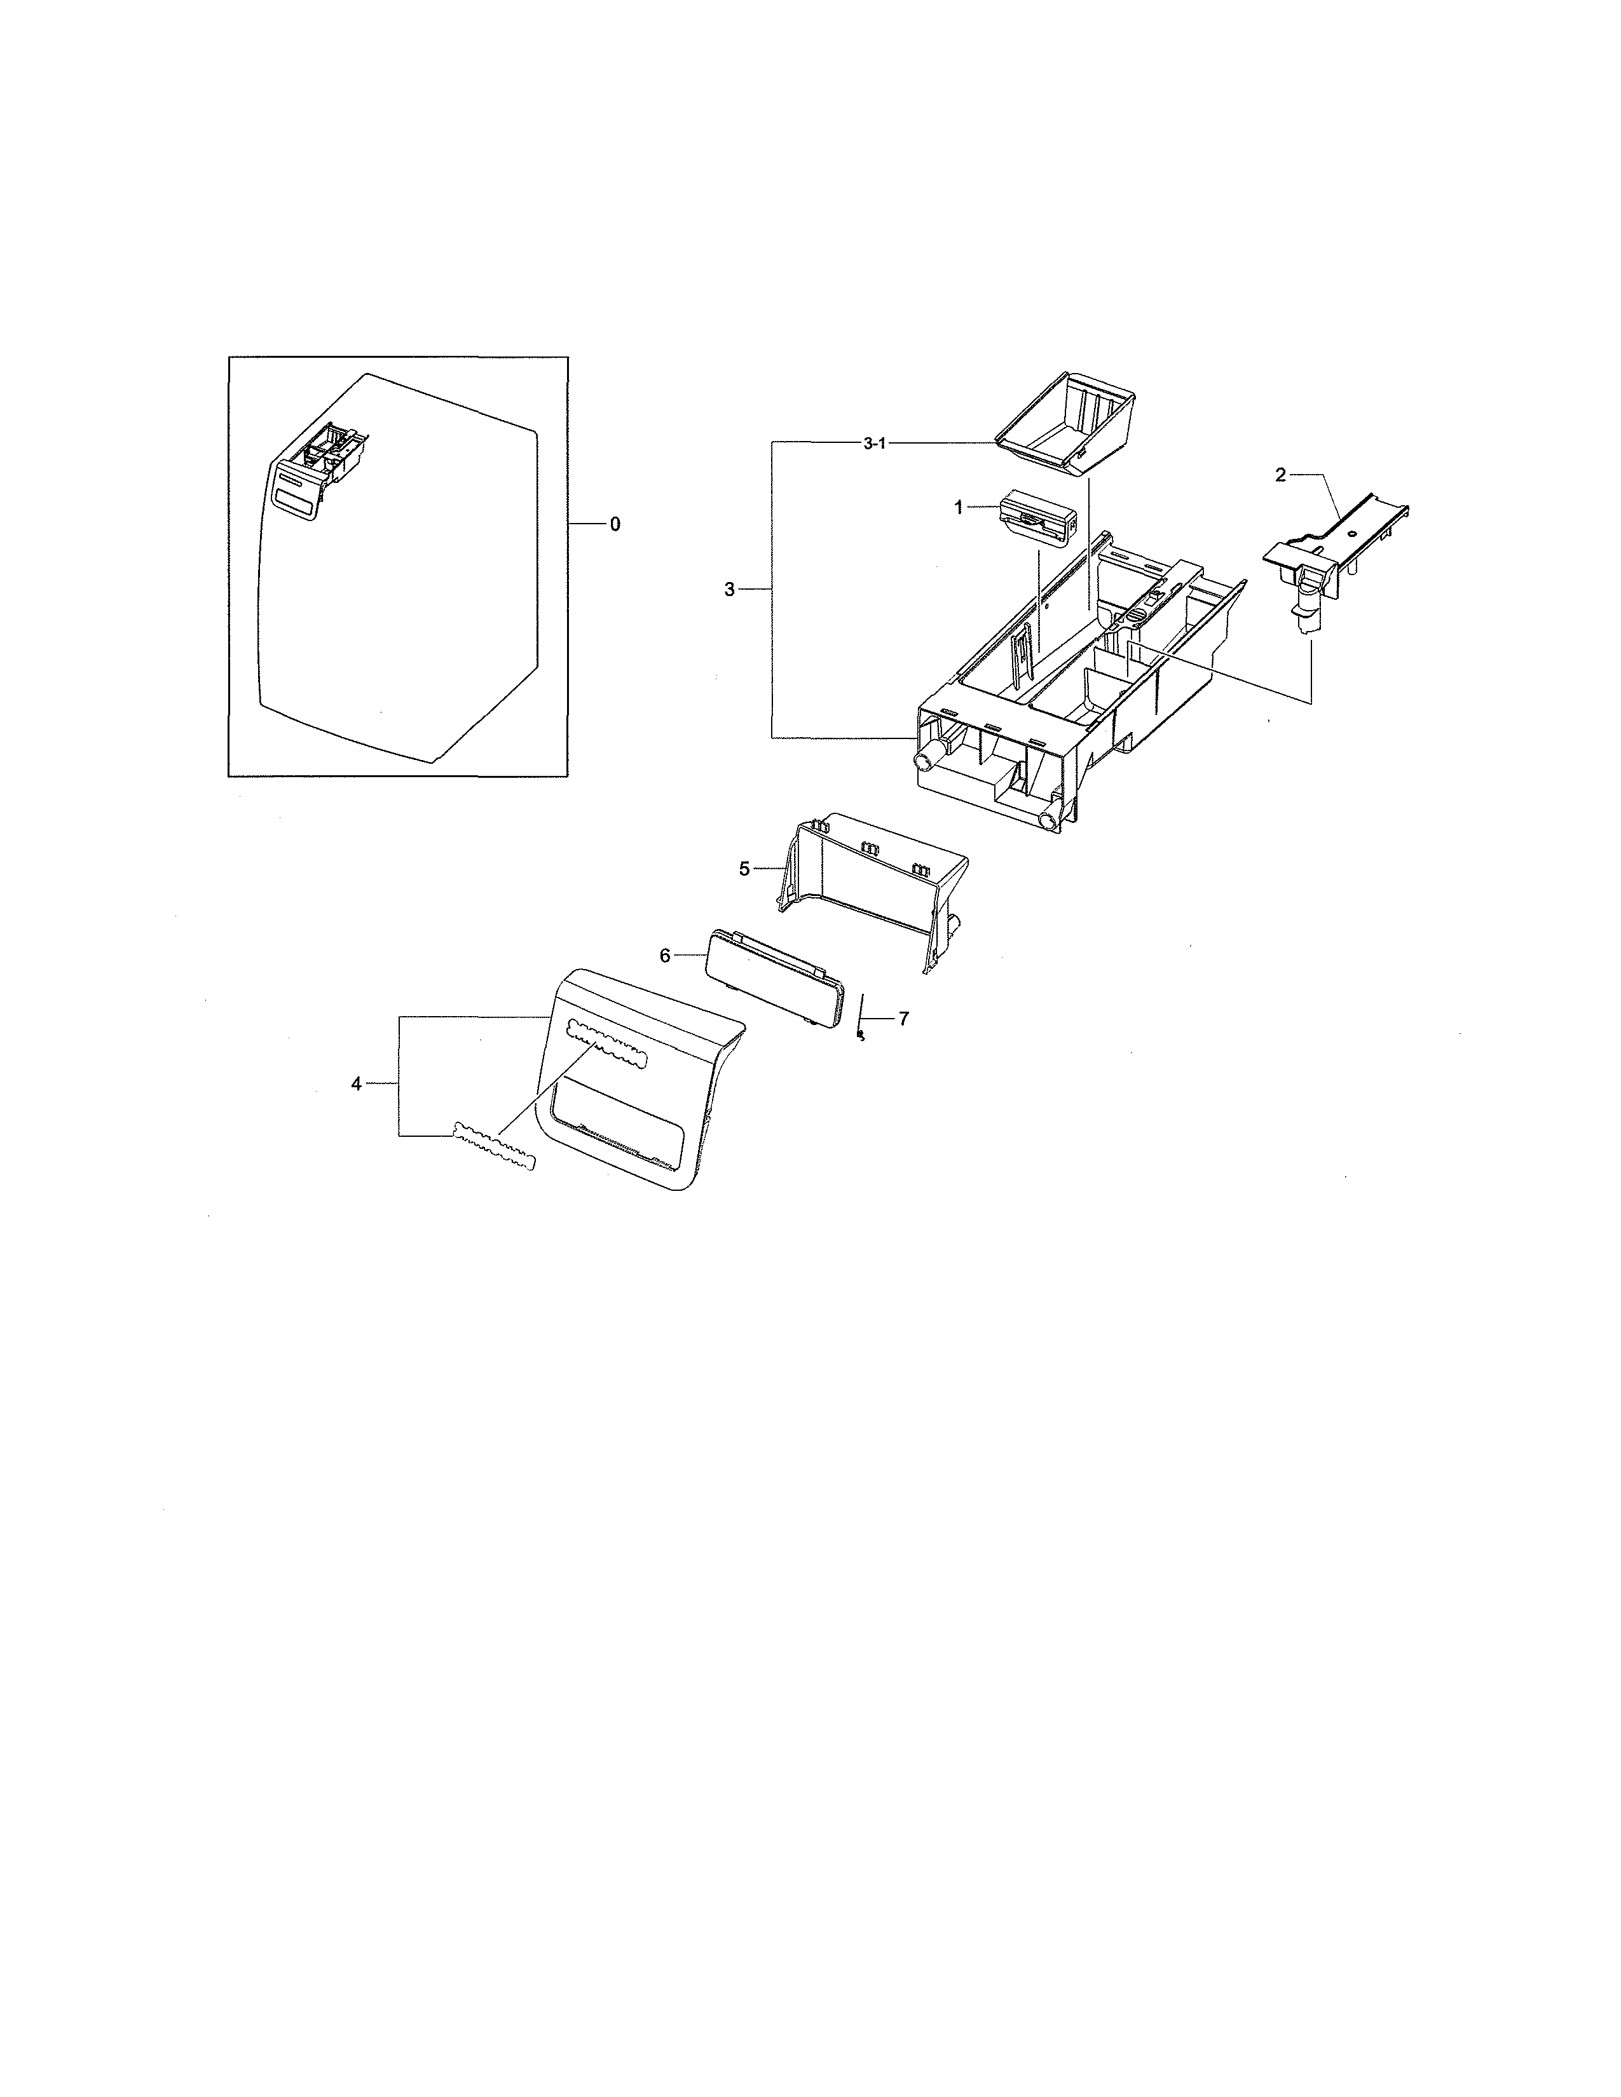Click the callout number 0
click(615, 524)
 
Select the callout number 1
click(957, 508)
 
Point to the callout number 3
click(730, 590)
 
